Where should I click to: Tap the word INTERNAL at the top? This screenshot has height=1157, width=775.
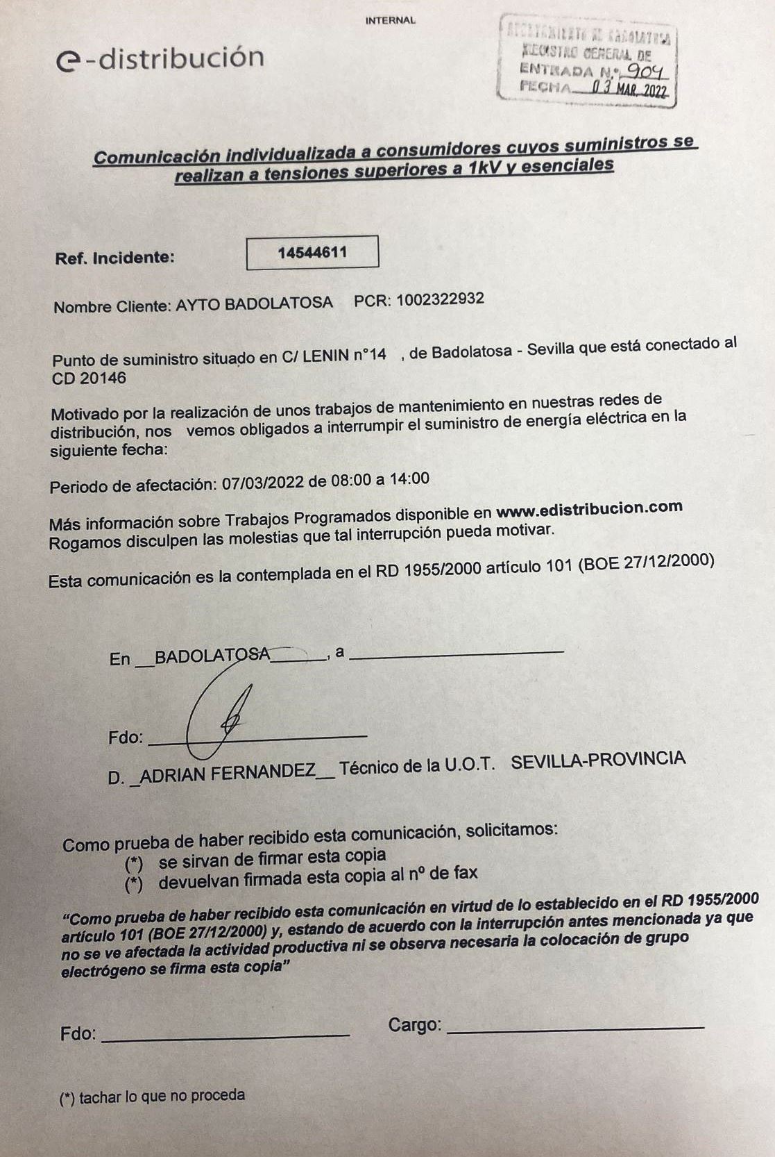(x=390, y=21)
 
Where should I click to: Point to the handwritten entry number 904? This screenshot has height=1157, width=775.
(x=646, y=71)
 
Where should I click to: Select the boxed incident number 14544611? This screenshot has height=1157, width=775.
(x=312, y=252)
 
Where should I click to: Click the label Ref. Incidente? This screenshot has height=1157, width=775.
(x=114, y=258)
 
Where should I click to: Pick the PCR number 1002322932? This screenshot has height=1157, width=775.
(x=440, y=300)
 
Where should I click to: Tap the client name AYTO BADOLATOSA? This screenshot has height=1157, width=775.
(x=254, y=304)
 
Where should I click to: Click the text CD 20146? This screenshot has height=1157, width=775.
(x=89, y=378)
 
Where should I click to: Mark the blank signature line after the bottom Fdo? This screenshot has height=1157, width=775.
(x=225, y=1036)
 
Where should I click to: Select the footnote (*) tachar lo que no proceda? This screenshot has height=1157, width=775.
(x=153, y=1097)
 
